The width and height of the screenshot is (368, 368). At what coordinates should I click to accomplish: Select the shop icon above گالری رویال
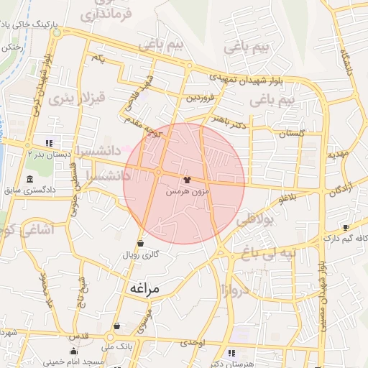pyautogui.click(x=139, y=244)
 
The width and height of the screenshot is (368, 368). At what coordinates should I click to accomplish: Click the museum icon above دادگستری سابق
pyautogui.click(x=29, y=179)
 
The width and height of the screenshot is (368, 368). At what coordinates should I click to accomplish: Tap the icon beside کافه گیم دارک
pyautogui.click(x=346, y=227)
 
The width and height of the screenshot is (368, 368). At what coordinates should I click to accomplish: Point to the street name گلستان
pyautogui.click(x=292, y=133)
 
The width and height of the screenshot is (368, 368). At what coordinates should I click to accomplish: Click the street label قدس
pyautogui.click(x=78, y=336)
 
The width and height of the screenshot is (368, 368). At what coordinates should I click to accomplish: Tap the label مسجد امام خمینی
pyautogui.click(x=80, y=361)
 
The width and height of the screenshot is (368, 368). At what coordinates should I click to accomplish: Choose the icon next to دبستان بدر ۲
pyautogui.click(x=49, y=142)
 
